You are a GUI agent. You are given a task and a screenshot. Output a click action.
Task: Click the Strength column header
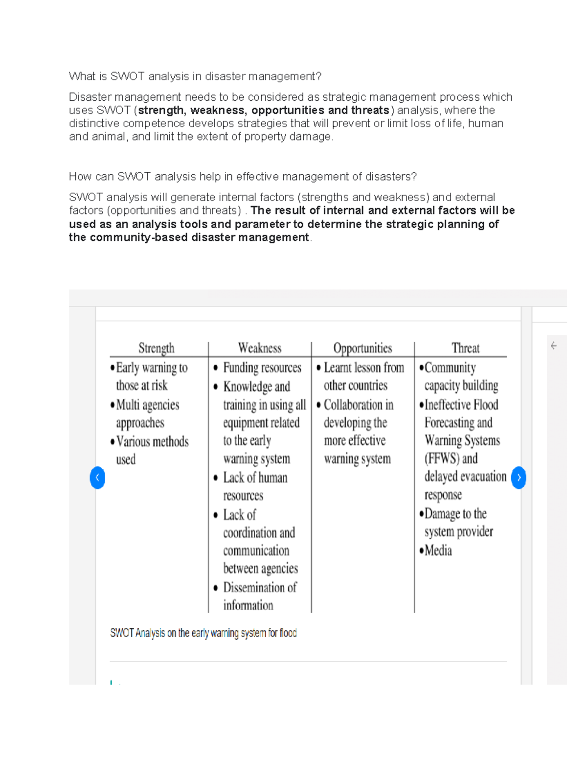(156, 348)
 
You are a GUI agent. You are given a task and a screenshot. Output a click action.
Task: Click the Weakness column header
(260, 348)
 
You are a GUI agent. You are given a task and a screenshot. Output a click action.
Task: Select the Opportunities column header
(362, 348)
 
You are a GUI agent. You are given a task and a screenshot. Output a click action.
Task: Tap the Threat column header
(465, 348)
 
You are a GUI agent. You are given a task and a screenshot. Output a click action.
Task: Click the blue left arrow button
(97, 478)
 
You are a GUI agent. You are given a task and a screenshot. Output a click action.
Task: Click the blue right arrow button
(519, 478)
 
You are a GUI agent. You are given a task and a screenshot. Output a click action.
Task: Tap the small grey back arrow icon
(554, 346)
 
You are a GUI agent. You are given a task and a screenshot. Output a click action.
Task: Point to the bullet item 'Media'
(438, 551)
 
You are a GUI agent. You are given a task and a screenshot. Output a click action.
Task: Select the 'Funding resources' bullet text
(262, 368)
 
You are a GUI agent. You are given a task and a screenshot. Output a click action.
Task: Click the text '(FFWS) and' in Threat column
(451, 459)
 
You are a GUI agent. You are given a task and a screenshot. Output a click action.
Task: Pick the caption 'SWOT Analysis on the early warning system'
(203, 633)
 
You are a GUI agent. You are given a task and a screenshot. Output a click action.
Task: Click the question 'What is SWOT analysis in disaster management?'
(195, 76)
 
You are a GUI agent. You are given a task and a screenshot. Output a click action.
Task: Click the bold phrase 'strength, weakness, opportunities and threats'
(264, 110)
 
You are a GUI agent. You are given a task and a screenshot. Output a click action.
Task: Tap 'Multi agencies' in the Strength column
(147, 405)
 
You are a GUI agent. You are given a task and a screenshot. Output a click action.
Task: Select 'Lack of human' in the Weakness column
(255, 478)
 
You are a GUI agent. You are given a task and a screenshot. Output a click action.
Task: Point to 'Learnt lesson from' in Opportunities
(364, 368)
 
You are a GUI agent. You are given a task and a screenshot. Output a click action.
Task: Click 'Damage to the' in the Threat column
(455, 514)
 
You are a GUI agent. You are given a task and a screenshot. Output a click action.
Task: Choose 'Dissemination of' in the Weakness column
(260, 587)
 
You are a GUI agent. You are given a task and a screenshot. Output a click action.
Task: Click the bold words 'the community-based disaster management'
(189, 237)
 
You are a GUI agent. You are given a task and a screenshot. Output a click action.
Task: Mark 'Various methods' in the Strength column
(152, 441)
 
